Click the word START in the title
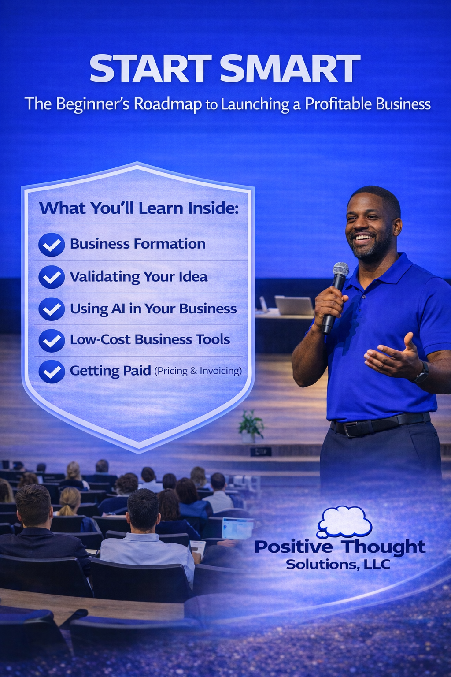[151, 69]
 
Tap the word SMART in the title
[290, 69]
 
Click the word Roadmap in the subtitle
[168, 104]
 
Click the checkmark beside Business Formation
[52, 245]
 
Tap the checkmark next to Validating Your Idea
[52, 277]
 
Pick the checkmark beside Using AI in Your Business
[52, 309]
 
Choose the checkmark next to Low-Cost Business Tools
[52, 341]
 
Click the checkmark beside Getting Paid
[52, 372]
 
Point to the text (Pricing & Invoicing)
[198, 371]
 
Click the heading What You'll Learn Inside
[139, 208]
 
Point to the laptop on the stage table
[294, 305]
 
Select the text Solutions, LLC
[338, 564]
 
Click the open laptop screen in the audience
[238, 528]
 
